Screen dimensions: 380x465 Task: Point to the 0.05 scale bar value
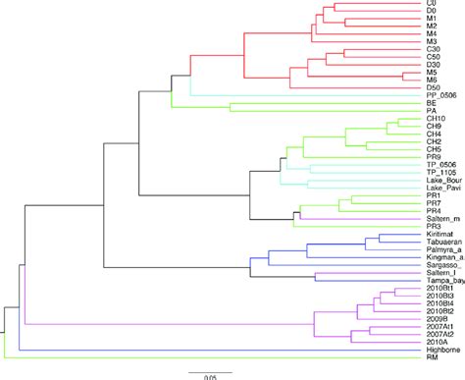click(x=210, y=376)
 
